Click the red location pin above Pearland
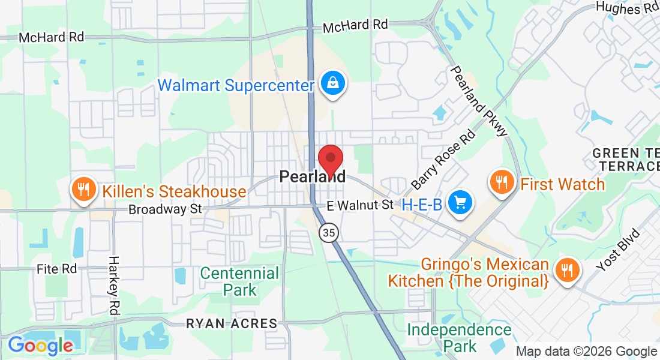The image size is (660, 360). [330, 160]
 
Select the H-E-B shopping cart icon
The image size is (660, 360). [461, 203]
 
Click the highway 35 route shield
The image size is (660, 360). [328, 232]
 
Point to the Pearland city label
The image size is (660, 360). [313, 176]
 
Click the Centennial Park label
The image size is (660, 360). [239, 282]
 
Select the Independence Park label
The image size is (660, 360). [460, 338]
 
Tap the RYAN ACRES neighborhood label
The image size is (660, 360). [232, 323]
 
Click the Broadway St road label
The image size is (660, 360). [166, 209]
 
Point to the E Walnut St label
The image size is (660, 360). [359, 206]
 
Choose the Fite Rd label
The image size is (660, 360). [56, 269]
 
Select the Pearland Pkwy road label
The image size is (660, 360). [479, 102]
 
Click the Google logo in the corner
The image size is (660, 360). [40, 346]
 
